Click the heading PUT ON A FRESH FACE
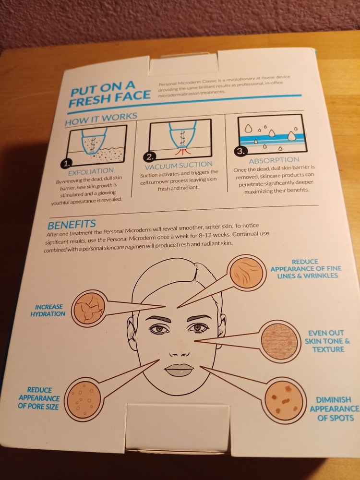(109, 94)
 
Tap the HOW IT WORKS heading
(101, 119)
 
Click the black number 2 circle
(149, 157)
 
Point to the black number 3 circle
(241, 152)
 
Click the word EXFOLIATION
(91, 172)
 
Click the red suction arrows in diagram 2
(183, 151)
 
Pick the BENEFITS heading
(72, 224)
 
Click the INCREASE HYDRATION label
(48, 311)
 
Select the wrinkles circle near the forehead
(246, 273)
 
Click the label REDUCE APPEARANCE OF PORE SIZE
(39, 398)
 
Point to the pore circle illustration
(84, 399)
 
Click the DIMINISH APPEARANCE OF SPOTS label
(335, 408)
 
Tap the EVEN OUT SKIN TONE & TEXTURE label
(327, 341)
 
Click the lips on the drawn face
(179, 370)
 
